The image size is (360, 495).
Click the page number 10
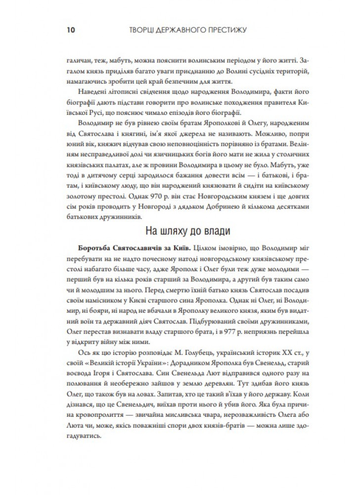click(x=69, y=30)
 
